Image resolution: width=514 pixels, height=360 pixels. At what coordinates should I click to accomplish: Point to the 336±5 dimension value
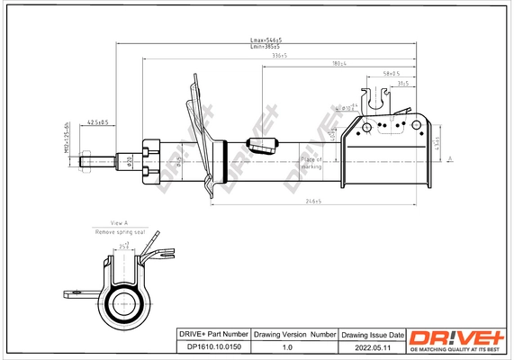tap(279, 56)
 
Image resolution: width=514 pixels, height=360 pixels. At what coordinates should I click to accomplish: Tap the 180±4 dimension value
tap(339, 64)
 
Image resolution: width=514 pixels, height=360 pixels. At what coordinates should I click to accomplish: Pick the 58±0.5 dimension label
tap(391, 73)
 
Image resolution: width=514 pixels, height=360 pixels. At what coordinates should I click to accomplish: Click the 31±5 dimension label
tap(402, 83)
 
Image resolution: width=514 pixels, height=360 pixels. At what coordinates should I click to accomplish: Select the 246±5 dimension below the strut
tap(311, 202)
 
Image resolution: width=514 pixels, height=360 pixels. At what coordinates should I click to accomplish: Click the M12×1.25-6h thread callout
tap(67, 139)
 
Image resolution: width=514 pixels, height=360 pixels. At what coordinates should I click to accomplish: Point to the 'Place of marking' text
tap(311, 162)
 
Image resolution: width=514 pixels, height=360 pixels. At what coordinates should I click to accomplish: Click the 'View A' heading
tap(119, 222)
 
